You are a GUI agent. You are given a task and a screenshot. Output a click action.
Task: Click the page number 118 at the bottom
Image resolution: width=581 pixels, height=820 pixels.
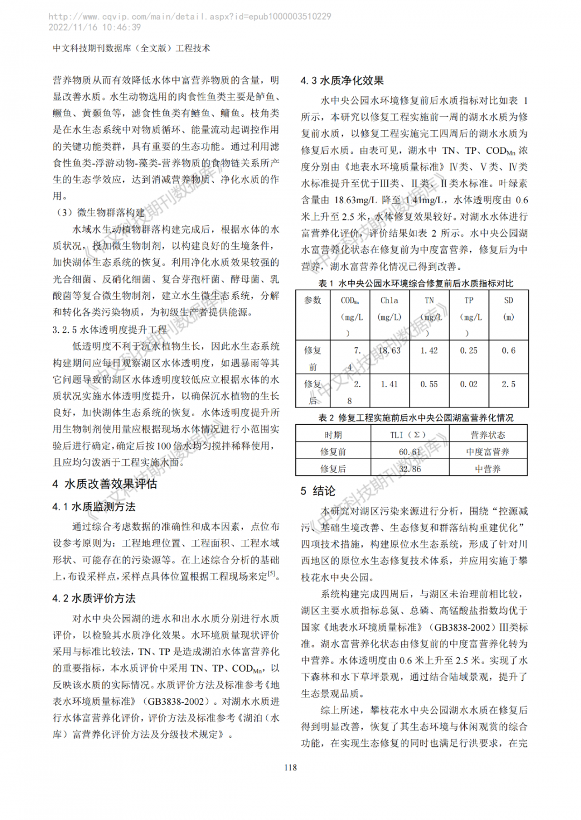pos(290,767)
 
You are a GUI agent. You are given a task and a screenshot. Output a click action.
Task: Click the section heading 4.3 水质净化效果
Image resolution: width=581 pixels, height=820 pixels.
pos(342,81)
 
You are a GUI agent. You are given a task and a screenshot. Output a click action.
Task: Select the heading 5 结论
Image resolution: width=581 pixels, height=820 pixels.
pos(318,490)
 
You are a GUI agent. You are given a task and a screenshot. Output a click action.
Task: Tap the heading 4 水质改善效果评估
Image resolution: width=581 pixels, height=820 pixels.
pos(105,484)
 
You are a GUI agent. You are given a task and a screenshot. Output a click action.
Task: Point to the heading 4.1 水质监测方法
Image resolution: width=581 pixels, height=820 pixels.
pos(94,507)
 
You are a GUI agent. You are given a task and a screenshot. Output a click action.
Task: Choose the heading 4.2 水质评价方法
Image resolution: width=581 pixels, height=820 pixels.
pos(94,598)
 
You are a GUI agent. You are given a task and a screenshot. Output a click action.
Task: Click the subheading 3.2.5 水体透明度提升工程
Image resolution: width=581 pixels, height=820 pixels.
pos(110,330)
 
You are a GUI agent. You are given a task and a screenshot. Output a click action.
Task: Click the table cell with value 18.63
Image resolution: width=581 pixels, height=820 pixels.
pos(389,351)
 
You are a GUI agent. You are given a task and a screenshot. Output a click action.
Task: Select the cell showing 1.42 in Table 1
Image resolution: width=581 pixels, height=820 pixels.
pos(429,351)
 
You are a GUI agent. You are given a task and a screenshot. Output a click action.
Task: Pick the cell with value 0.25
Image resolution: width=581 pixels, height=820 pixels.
pos(469,351)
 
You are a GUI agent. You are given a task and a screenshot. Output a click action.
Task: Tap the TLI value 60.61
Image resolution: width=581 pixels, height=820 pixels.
pos(410,452)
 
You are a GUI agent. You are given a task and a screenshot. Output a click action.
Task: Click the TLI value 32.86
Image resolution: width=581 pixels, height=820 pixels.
pos(410,469)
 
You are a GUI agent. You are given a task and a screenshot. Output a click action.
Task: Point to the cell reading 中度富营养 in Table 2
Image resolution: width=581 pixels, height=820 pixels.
pos(488,452)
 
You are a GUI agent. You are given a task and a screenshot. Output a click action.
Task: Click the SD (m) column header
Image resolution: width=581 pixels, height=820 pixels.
pos(508,308)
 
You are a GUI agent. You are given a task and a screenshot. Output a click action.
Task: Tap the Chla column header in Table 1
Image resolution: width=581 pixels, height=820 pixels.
pos(389,308)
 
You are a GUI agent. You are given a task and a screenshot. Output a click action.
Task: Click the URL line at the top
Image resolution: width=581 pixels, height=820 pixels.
pos(190,17)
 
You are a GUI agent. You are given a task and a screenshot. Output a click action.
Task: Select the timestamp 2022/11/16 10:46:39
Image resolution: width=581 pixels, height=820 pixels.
pos(95,27)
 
